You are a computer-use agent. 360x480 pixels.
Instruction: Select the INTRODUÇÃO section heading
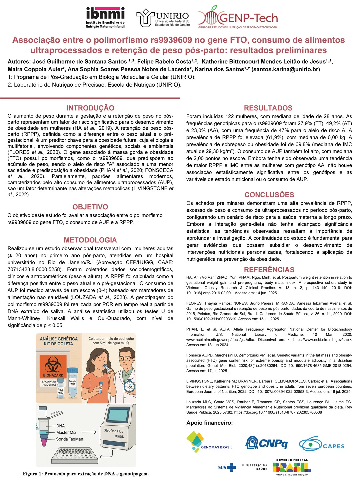click(x=90, y=108)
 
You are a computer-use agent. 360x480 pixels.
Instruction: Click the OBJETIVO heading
click(x=90, y=207)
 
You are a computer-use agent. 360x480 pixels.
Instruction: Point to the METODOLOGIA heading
click(x=90, y=240)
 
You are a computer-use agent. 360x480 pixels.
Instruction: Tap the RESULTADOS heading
click(x=268, y=108)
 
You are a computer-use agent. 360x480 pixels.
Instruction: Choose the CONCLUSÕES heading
click(x=269, y=195)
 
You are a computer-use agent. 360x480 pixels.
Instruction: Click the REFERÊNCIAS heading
click(x=269, y=270)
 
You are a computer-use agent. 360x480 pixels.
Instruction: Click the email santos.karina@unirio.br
click(x=286, y=69)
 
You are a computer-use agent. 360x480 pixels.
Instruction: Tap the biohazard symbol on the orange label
click(x=53, y=364)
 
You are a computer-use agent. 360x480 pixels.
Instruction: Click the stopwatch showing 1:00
click(x=129, y=387)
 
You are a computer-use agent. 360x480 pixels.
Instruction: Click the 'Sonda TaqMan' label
click(x=70, y=439)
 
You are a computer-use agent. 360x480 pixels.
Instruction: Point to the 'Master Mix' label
click(x=66, y=432)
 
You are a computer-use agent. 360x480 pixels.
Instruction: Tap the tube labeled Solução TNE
click(x=72, y=378)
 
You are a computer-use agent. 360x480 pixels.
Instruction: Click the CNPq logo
click(x=266, y=443)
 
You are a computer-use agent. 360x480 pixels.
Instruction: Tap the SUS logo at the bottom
click(x=227, y=467)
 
